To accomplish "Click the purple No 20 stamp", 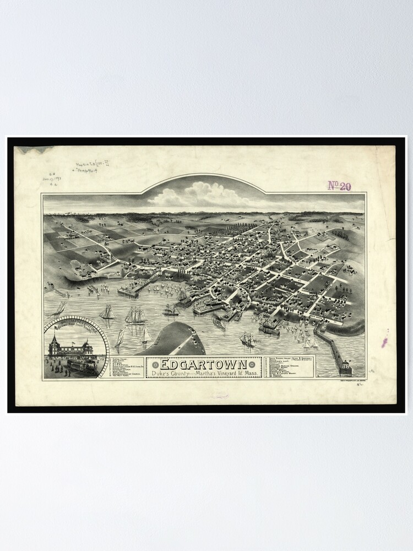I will point(339,186).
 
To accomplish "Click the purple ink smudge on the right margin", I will point(384,342).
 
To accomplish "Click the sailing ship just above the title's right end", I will point(247,339).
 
